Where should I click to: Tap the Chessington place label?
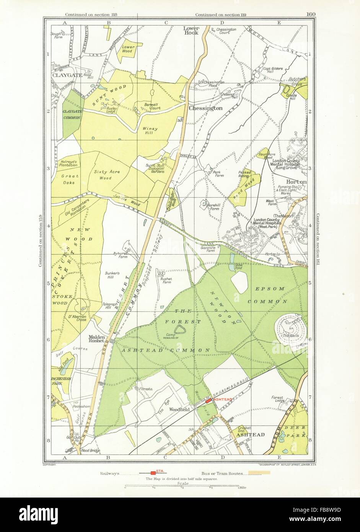[x=205, y=108]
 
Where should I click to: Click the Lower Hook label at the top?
[x=191, y=30]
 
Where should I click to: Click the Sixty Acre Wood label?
[x=107, y=175]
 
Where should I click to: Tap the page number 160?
[x=311, y=15]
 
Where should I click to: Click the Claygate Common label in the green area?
[x=71, y=114]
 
